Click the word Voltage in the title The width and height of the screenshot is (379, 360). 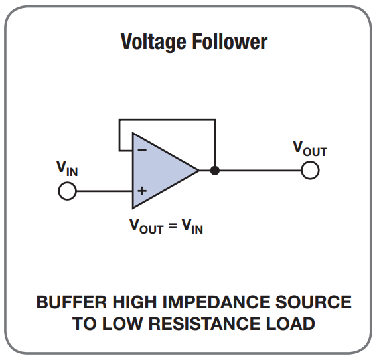pos(153,42)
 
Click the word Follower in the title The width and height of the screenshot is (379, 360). pos(230,41)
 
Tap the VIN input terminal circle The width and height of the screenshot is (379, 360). pos(68,191)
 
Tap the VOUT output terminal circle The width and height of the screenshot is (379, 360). pos(311,170)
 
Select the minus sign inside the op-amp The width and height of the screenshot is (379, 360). pos(142,151)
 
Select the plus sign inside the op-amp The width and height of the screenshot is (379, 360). pos(142,191)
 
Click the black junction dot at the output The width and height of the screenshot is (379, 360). pos(215,170)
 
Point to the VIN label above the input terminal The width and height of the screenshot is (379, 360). pos(67,169)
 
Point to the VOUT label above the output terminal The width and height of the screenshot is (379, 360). pos(310,149)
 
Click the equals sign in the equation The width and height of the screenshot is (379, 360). pos(173,226)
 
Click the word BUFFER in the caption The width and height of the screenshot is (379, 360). pos(72,302)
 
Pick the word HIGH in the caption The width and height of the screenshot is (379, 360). pos(135,302)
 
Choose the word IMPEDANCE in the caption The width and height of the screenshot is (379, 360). pos(216,302)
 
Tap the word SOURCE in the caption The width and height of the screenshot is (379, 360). pos(313,302)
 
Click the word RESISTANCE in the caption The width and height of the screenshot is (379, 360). pos(204,323)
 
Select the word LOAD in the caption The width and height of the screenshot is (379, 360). pos(291,324)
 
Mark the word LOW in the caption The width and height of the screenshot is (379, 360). pos(122,324)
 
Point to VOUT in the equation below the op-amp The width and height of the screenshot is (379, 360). pos(147,226)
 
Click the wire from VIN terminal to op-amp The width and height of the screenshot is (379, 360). pos(104,191)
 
